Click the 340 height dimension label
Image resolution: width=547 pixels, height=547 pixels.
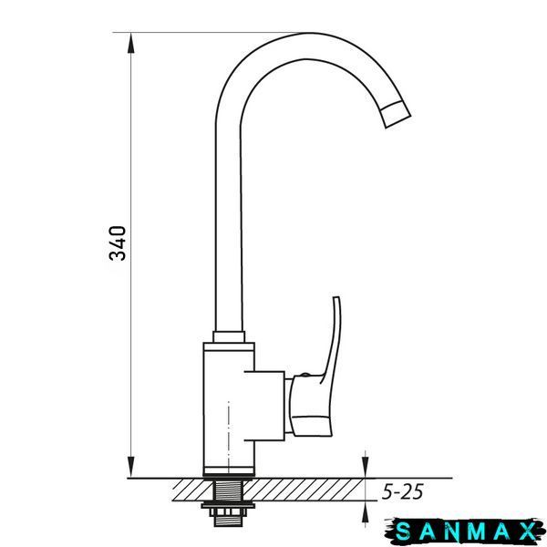point(118,243)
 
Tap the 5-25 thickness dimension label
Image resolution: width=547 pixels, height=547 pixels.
point(403,492)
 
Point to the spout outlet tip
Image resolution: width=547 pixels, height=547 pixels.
point(397,115)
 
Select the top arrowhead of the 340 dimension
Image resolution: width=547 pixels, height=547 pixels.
point(130,43)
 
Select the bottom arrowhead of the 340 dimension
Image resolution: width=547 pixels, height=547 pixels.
point(130,468)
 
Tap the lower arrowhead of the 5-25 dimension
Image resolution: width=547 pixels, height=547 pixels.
point(366,511)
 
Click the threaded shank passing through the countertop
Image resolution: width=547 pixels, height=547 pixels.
point(229,490)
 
